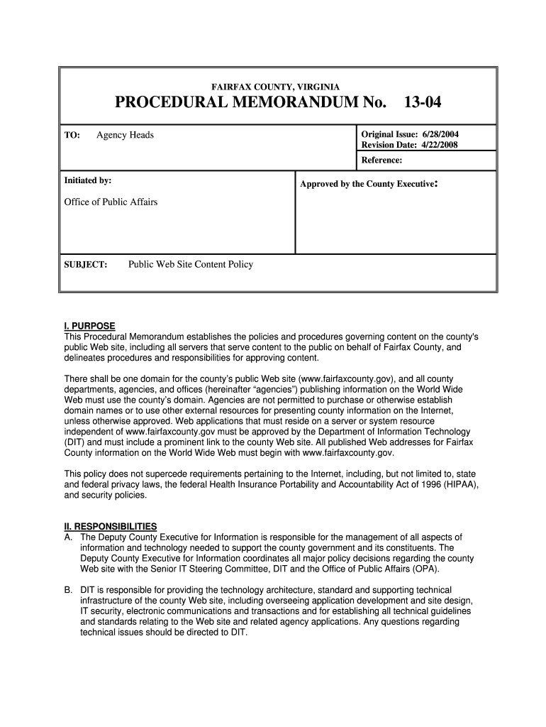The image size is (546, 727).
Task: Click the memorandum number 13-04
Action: [x=422, y=104]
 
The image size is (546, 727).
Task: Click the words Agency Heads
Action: [x=125, y=135]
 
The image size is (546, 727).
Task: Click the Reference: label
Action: [x=381, y=160]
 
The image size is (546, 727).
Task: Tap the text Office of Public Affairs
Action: [x=111, y=202]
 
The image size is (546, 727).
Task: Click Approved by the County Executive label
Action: [x=367, y=184]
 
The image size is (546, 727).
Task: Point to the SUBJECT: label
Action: [x=86, y=265]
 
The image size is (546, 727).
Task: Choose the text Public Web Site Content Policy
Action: [x=190, y=265]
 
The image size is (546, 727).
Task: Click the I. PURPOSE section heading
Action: [x=89, y=327]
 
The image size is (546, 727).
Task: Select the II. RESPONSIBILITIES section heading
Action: [x=111, y=527]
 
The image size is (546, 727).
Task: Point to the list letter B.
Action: [x=68, y=590]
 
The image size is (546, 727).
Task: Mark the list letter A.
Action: [x=68, y=537]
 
